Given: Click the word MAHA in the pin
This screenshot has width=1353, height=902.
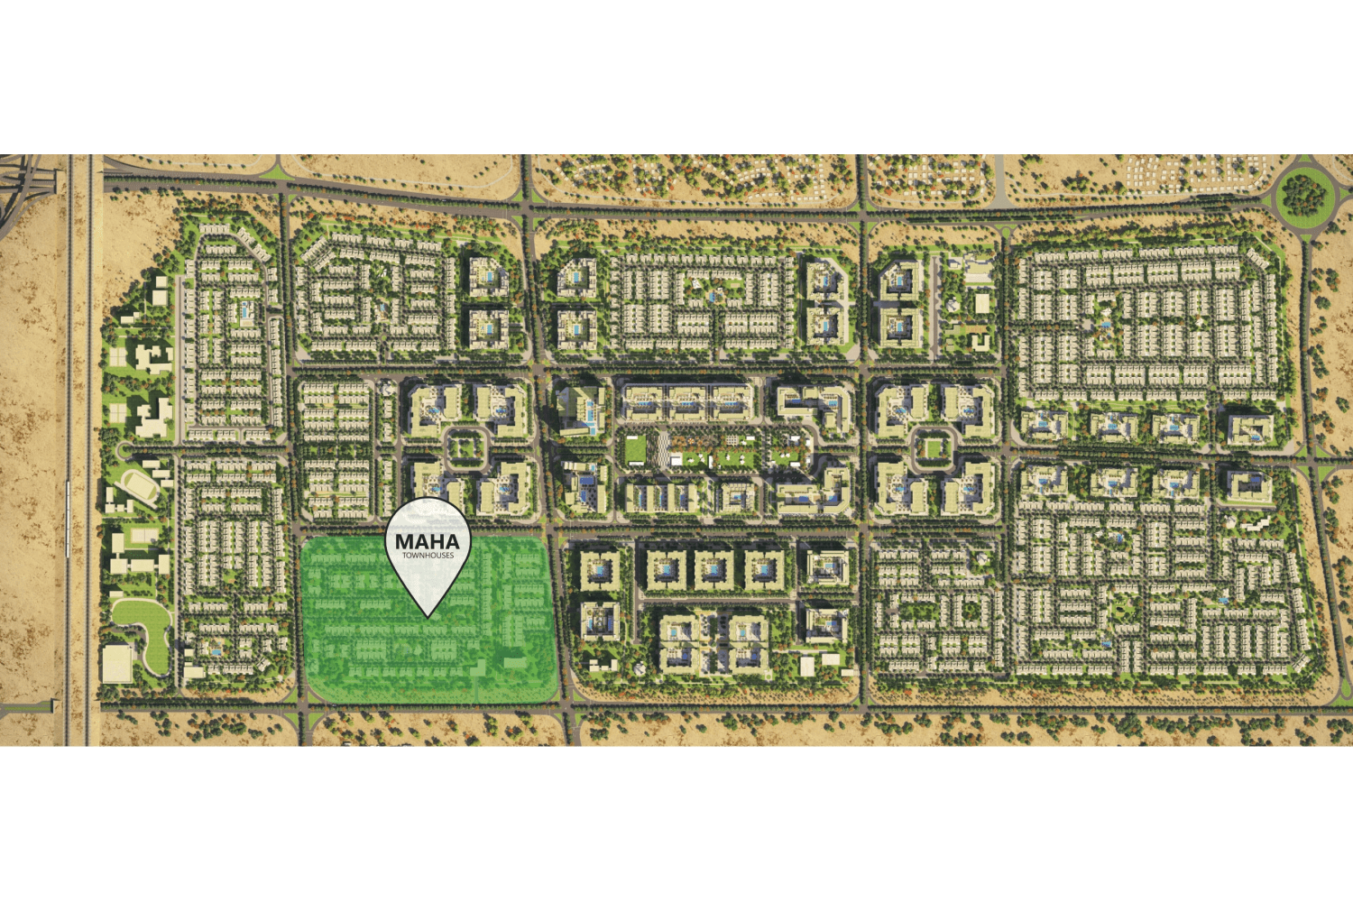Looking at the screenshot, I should tap(428, 541).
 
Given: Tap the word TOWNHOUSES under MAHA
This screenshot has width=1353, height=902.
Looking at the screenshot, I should tap(428, 556).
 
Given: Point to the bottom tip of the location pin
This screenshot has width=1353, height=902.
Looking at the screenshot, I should tap(428, 617).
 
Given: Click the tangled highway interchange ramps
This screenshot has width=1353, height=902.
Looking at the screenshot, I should tap(23, 180).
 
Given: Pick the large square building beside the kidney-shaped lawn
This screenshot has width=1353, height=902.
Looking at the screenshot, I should tap(116, 664).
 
